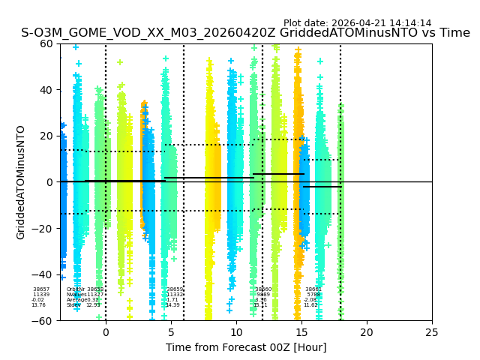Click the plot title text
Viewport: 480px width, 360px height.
pos(245,33)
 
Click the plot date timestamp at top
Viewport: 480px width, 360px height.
pos(357,23)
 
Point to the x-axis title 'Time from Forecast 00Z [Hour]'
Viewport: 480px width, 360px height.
pos(246,347)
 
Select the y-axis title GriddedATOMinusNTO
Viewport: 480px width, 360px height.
pos(21,182)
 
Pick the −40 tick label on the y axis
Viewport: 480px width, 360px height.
pos(44,274)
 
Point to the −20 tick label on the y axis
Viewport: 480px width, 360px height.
pos(44,229)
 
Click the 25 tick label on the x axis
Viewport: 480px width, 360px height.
pos(432,331)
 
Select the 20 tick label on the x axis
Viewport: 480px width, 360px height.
pos(367,331)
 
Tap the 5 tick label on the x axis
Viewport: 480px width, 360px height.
pos(171,331)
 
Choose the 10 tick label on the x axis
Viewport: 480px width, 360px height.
pos(236,331)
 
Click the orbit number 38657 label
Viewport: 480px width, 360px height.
pos(41,289)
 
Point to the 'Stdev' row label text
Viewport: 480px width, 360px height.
pos(73,305)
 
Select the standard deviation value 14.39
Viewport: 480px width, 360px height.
pos(172,305)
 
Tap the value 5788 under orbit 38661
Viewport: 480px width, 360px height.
pos(313,295)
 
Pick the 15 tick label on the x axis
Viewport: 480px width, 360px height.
pos(301,331)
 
